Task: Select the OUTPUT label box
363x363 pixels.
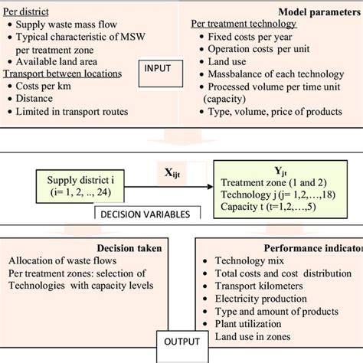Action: tap(181, 342)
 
